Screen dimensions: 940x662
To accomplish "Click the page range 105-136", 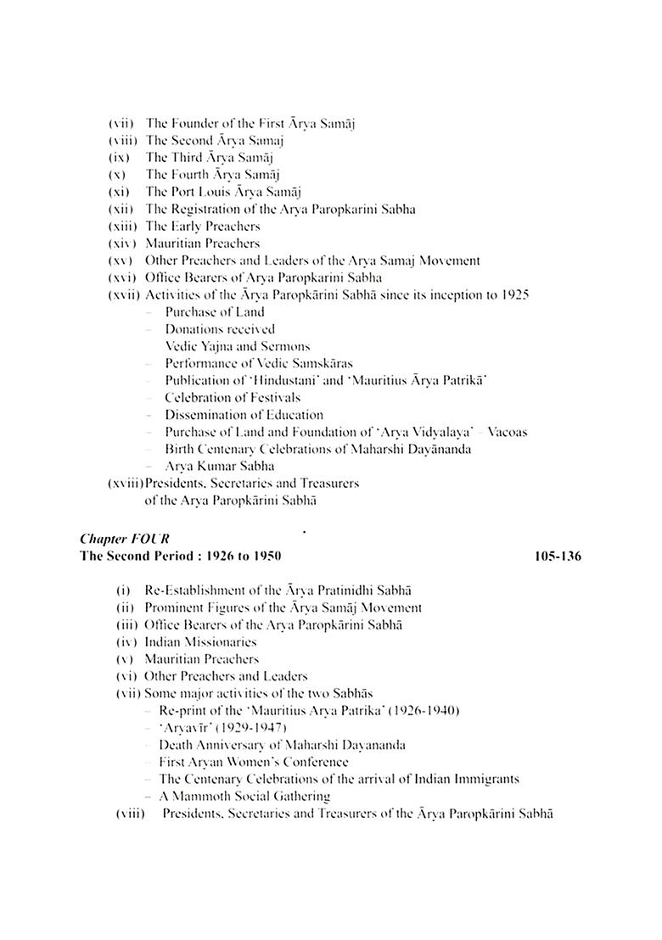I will (558, 556).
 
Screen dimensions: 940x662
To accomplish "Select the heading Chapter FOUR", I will (115, 539).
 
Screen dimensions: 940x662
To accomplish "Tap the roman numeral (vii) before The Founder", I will (123, 123).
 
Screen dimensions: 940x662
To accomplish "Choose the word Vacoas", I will (506, 432).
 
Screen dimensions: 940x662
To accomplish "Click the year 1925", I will (514, 294).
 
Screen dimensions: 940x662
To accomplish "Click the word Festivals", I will (274, 397).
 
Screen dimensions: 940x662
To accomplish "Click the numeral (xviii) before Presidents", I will (126, 483).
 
